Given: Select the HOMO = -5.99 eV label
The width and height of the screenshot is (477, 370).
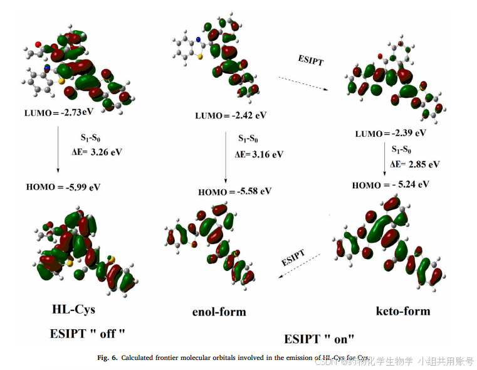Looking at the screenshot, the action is tap(63, 186).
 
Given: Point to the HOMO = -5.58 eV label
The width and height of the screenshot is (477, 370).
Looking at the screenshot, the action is tap(234, 191).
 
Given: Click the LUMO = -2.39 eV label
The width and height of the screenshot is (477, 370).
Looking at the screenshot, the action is tap(391, 133).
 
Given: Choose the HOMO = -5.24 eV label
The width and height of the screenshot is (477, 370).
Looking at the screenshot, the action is tap(391, 184).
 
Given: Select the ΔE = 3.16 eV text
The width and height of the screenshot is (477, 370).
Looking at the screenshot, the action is tap(259, 154).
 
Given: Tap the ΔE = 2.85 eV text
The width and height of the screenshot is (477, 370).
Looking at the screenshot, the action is tap(414, 164).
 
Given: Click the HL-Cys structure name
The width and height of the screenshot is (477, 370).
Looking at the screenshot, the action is tap(74, 309).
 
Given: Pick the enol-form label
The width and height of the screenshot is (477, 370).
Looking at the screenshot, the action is tap(219, 311).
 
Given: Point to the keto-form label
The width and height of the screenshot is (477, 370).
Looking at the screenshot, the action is tap(402, 310).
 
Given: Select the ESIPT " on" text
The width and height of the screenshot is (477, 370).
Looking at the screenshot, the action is tap(319, 339).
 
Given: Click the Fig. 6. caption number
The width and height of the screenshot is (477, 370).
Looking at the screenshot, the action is tap(108, 357).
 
